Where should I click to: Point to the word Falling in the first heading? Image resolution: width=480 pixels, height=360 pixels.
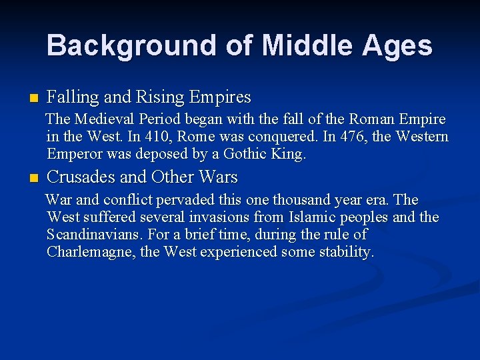(x=71, y=97)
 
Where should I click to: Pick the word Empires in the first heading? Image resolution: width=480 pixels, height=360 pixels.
(x=219, y=97)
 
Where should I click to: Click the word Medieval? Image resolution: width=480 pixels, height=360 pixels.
(x=104, y=119)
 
